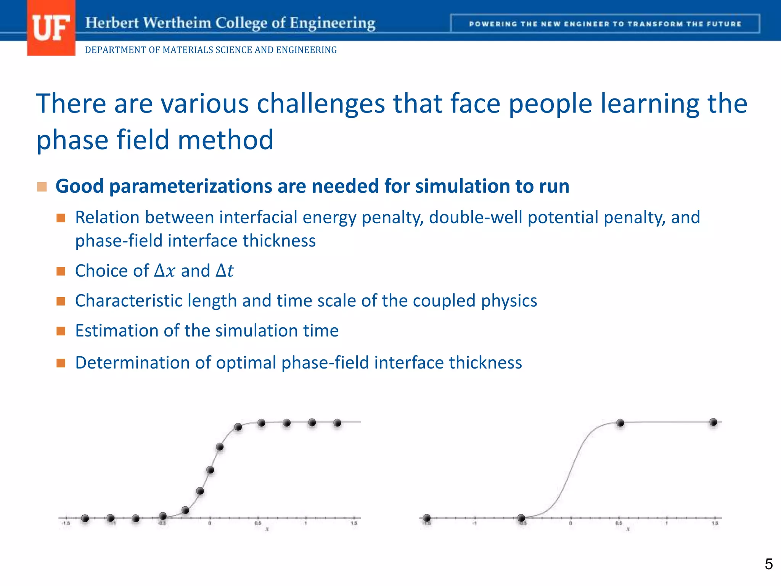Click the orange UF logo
pos(51,28)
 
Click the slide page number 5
pos(768,564)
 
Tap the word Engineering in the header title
pos(332,23)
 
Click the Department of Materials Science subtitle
pos(211,50)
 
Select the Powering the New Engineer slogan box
pos(605,24)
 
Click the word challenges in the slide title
pos(321,104)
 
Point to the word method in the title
pos(225,140)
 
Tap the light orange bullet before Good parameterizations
pos(42,187)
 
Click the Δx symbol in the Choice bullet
pos(164,271)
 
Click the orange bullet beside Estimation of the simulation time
pos(61,331)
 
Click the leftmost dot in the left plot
pos(85,518)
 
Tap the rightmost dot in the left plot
pos(337,423)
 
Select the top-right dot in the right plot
pos(714,422)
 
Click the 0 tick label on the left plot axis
pos(210,523)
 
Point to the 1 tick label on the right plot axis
pos(667,523)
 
